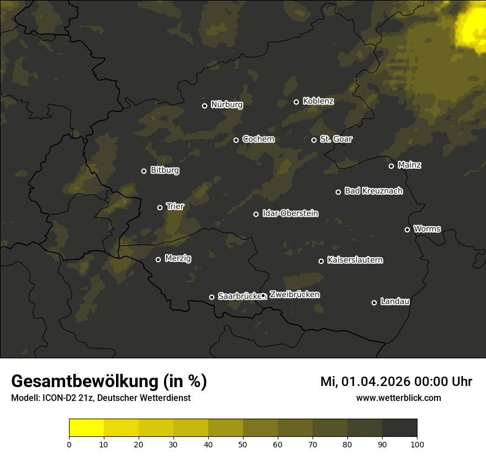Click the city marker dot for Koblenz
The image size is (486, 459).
tap(296, 102)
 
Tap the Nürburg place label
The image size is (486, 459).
tap(226, 105)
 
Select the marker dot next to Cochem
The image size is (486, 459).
tap(236, 140)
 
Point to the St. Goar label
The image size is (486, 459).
tap(336, 139)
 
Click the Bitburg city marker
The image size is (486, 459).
tap(144, 171)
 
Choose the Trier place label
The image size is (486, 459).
tap(175, 206)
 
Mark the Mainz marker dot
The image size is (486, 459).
tap(391, 166)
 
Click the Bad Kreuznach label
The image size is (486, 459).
tap(373, 191)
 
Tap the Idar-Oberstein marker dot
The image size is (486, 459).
tap(256, 214)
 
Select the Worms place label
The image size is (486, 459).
tap(427, 228)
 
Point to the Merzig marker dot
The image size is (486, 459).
tap(158, 259)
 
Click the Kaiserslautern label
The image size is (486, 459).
tap(355, 260)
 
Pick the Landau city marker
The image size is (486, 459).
tap(374, 302)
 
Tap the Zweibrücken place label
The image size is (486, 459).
tap(294, 295)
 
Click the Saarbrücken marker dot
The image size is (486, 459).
tap(212, 297)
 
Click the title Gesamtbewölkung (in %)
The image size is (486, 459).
tap(109, 381)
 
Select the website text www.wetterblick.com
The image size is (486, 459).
tap(398, 398)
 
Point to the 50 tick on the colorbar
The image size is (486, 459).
tap(243, 444)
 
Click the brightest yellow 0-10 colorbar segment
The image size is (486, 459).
tap(86, 428)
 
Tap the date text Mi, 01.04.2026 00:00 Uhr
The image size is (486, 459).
tap(396, 382)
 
